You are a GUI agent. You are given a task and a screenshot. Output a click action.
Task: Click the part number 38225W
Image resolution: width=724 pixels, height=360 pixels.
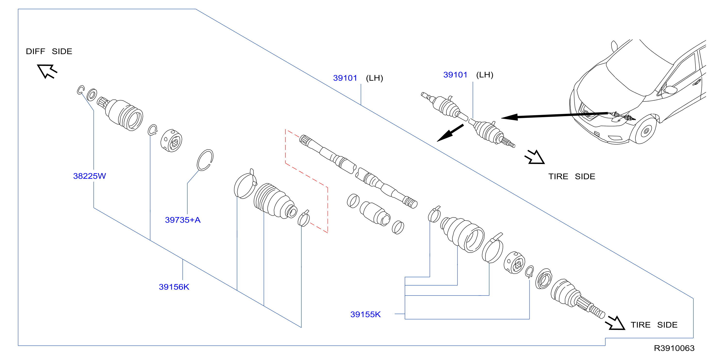89,176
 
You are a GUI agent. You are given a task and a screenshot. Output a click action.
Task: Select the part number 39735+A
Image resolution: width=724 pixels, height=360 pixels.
183,220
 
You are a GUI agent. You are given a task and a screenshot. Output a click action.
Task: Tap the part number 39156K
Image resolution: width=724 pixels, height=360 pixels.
174,287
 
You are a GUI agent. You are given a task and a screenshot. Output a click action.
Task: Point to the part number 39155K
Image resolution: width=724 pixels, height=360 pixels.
365,314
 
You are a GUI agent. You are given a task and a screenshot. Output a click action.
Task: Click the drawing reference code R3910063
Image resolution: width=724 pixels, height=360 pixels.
674,348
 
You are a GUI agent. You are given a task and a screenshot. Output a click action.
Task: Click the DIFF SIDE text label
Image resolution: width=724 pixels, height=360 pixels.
49,51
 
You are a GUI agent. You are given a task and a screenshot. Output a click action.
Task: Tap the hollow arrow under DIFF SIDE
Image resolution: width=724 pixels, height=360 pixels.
47,71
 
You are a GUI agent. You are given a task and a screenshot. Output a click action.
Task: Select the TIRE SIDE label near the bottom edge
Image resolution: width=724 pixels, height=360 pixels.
654,325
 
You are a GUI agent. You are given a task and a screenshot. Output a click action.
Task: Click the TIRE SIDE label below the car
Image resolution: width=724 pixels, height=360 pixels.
572,177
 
